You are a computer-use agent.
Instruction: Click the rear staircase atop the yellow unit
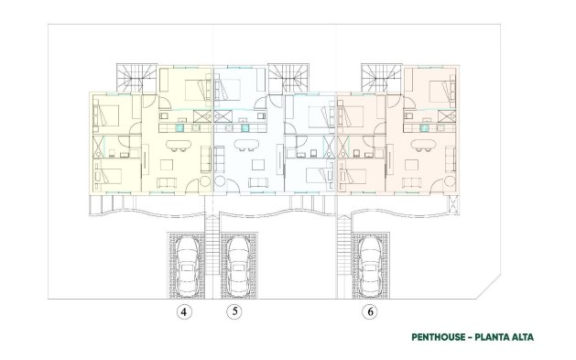(x=135, y=77)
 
